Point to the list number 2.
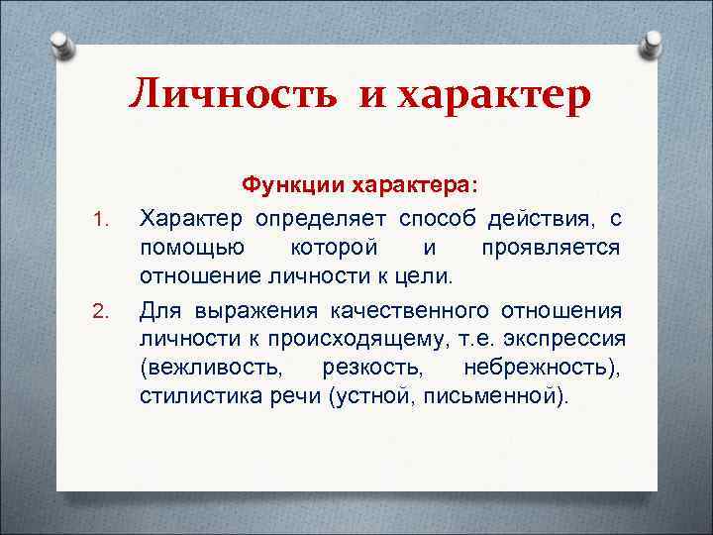click(x=98, y=314)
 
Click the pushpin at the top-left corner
click(x=60, y=46)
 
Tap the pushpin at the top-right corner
click(x=654, y=46)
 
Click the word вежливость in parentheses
click(x=210, y=369)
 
